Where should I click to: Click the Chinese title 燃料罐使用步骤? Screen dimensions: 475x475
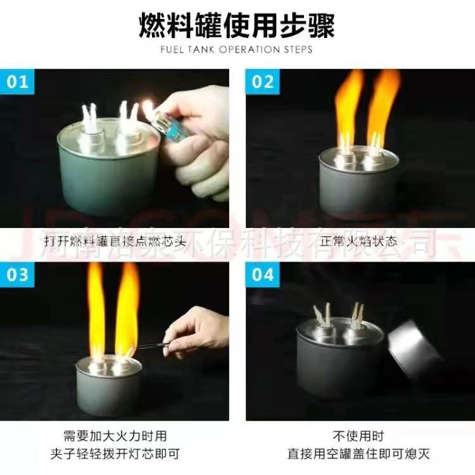[237, 27]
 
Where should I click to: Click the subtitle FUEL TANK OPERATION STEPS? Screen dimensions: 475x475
[237, 49]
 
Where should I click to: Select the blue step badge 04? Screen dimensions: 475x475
[263, 275]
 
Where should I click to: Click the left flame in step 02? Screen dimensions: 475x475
[349, 104]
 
